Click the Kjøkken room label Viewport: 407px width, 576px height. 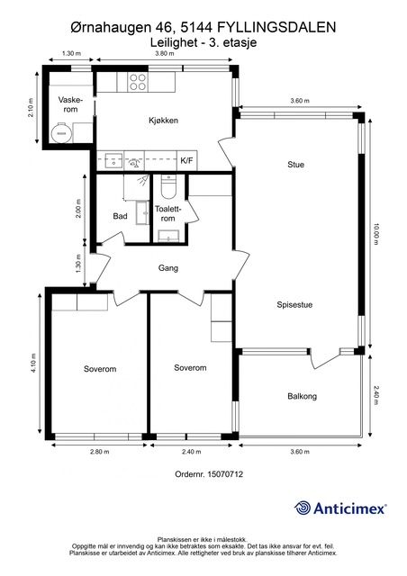click(x=163, y=120)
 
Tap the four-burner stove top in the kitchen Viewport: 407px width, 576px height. click(x=138, y=82)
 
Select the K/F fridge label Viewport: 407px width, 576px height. click(x=186, y=160)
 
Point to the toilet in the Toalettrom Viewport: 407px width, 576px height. click(x=168, y=186)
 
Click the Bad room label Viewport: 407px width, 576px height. click(x=120, y=216)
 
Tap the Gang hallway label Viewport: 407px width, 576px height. click(x=168, y=268)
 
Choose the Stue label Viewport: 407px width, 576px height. click(x=295, y=165)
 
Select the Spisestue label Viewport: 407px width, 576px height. click(x=294, y=304)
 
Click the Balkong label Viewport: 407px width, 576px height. click(x=302, y=396)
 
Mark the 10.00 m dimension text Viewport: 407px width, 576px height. click(x=375, y=234)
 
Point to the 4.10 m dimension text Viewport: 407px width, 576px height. click(x=33, y=364)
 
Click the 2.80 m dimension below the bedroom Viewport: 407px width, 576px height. click(x=100, y=452)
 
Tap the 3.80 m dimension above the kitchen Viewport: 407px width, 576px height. click(x=165, y=53)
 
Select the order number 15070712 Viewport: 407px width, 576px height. click(x=209, y=474)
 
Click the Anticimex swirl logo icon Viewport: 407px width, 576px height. click(x=303, y=508)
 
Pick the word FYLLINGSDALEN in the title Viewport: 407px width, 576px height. click(x=276, y=27)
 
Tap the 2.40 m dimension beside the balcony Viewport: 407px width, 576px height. click(x=375, y=394)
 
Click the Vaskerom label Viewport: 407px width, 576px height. click(x=70, y=104)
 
